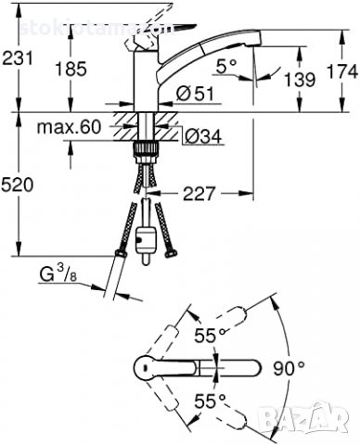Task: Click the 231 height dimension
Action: (x=19, y=58)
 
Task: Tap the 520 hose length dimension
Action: (x=19, y=185)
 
